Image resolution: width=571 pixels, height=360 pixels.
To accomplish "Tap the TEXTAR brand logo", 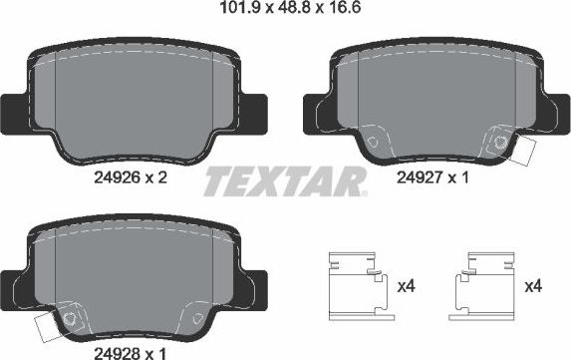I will pyautogui.click(x=285, y=183).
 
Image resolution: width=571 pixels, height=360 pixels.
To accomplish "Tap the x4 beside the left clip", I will pyautogui.click(x=407, y=287).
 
